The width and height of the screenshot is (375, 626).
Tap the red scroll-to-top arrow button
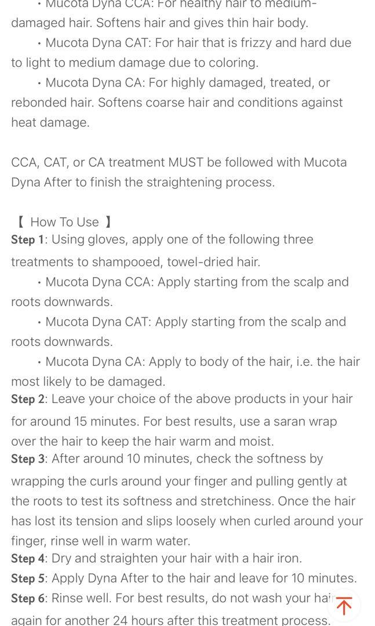(344, 606)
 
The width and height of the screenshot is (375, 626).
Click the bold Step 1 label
(27, 240)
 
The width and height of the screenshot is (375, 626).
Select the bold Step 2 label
(27, 399)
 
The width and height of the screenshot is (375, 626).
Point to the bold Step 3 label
(27, 459)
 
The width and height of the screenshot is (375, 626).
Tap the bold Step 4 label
(27, 559)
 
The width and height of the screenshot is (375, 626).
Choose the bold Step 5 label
(27, 578)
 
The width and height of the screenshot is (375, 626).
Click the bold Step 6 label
(27, 599)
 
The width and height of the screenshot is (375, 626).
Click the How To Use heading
(64, 222)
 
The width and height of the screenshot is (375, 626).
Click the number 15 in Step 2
(81, 421)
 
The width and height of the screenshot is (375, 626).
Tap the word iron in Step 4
(288, 559)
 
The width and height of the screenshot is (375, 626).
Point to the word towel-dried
(202, 262)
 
